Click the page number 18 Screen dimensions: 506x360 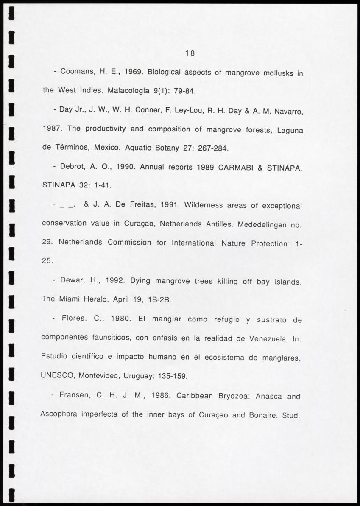coord(190,53)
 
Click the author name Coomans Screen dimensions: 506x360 coord(77,72)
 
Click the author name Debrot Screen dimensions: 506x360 coord(74,167)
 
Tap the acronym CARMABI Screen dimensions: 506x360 coord(238,167)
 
